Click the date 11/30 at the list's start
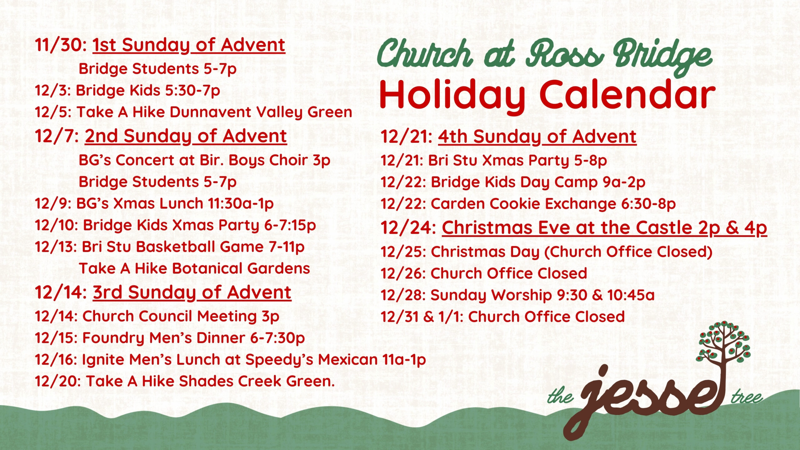[59, 45]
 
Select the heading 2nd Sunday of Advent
[186, 136]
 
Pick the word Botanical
[207, 268]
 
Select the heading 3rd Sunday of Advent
[192, 292]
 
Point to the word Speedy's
[279, 359]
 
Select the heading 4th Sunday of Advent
[537, 137]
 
